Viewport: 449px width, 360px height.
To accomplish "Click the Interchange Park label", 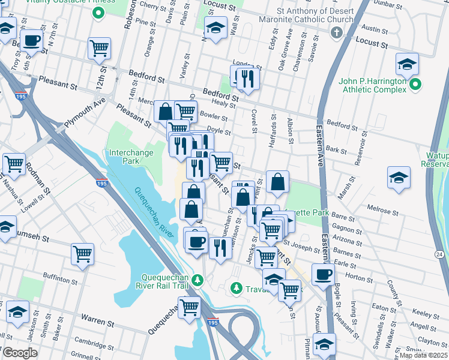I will [131, 157].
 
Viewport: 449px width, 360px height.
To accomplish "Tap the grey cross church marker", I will [337, 31].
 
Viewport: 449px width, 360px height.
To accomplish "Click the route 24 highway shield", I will [439, 255].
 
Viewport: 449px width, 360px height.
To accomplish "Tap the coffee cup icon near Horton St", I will [323, 274].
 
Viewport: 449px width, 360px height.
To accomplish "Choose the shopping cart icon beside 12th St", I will [99, 48].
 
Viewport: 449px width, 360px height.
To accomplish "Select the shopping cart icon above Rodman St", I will [13, 163].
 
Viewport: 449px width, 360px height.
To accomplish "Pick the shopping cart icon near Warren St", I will [190, 307].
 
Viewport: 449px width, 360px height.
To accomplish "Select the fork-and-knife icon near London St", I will [247, 76].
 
